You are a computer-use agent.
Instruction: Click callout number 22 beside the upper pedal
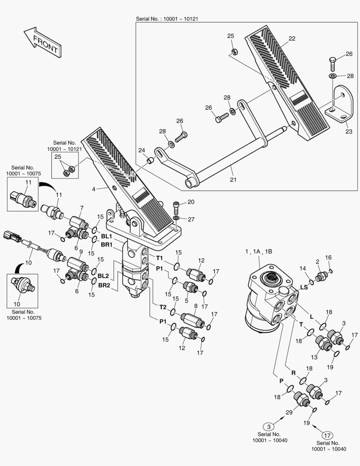point(292,39)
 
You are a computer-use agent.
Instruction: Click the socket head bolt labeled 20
point(176,209)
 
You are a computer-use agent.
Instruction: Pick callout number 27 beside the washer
point(191,220)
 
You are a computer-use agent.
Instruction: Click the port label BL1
point(106,236)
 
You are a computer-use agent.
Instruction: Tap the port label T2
point(163,307)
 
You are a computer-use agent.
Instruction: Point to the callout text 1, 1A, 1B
point(259,252)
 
